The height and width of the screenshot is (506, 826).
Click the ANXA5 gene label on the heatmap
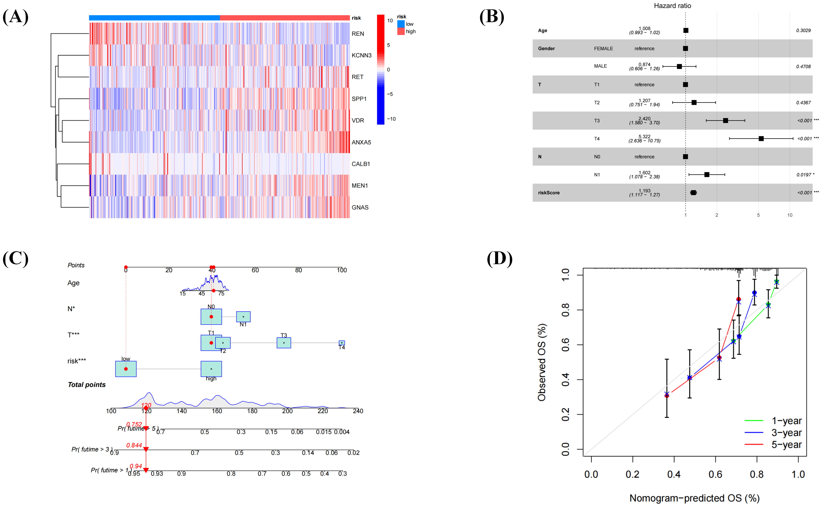(361, 142)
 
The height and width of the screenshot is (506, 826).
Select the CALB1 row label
(360, 164)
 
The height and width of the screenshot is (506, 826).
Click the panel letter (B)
(492, 17)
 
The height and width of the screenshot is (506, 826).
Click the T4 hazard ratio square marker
(761, 139)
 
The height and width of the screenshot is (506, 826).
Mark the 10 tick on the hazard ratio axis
(790, 215)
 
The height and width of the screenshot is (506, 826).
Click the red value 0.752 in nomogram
(134, 424)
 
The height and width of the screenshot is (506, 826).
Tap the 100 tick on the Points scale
(342, 270)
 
